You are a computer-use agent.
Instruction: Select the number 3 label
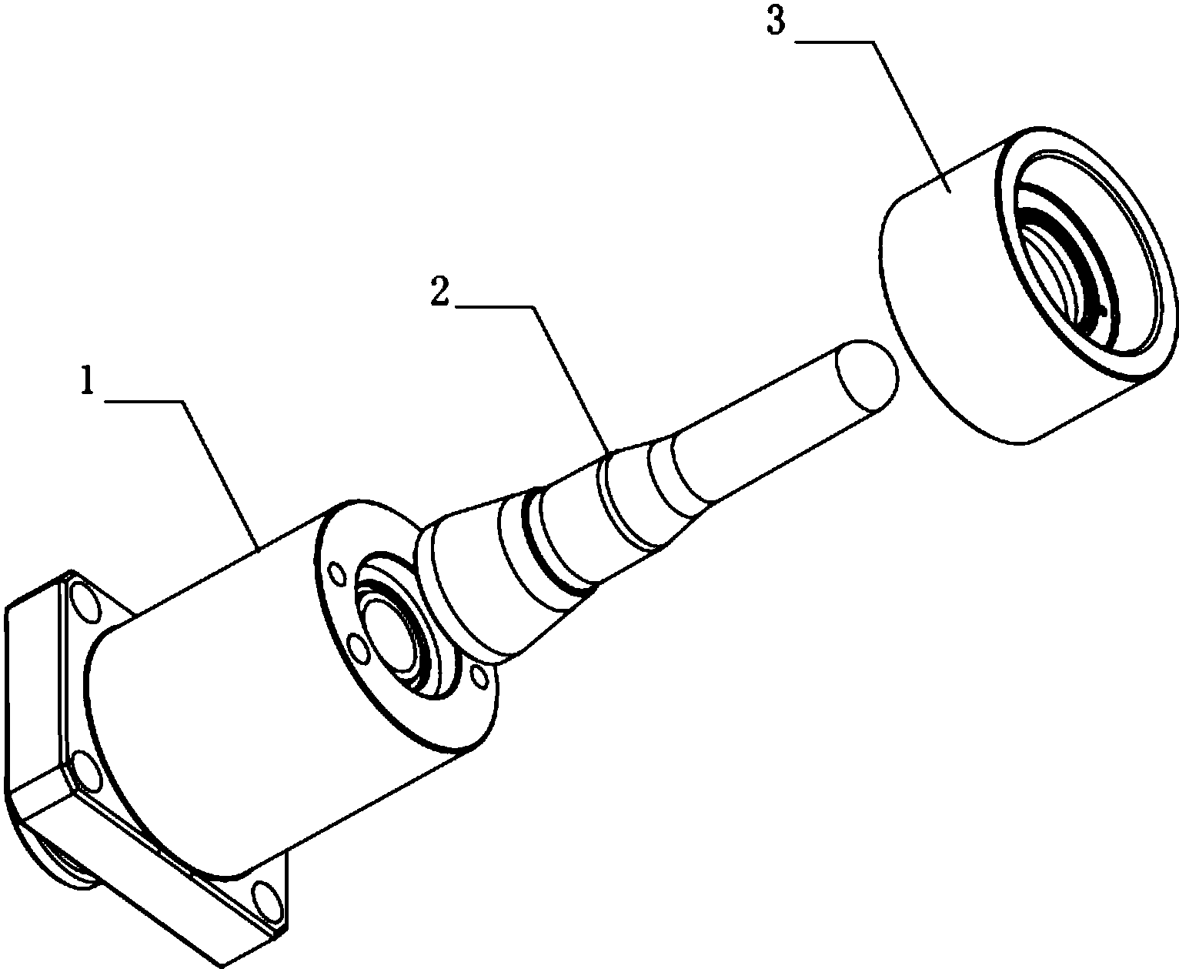click(776, 22)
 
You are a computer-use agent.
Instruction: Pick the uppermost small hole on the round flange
click(337, 575)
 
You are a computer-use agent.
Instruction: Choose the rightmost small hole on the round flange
click(479, 678)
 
